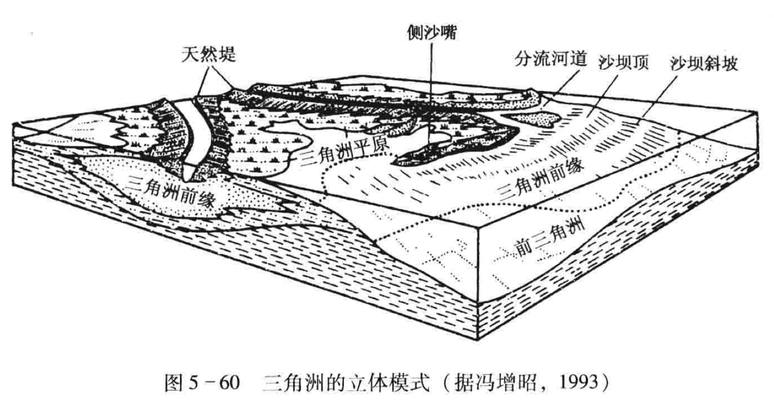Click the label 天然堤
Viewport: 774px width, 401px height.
pos(209,55)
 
